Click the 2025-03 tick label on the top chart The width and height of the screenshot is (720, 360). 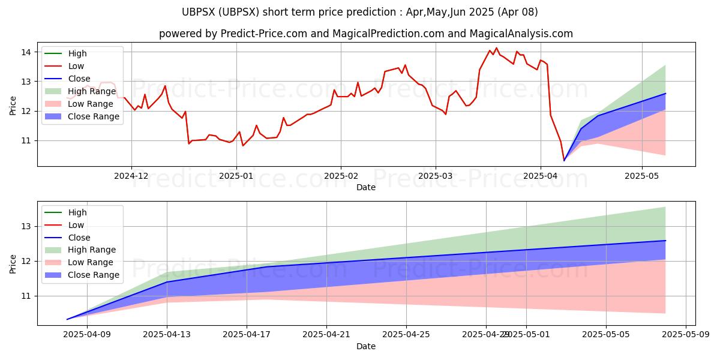[x=435, y=176]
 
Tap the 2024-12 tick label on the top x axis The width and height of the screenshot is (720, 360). [x=131, y=176]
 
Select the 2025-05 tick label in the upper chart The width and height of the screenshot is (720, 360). [x=642, y=176]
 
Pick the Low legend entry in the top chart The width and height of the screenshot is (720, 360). [x=76, y=66]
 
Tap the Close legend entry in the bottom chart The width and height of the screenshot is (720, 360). [x=79, y=237]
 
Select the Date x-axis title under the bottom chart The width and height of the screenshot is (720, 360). [x=366, y=346]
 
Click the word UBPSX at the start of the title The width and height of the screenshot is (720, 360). [x=197, y=12]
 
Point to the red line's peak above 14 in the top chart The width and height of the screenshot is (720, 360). [x=496, y=48]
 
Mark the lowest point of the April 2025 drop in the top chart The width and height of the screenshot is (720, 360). [x=564, y=161]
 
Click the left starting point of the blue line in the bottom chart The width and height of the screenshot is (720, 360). [x=67, y=319]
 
